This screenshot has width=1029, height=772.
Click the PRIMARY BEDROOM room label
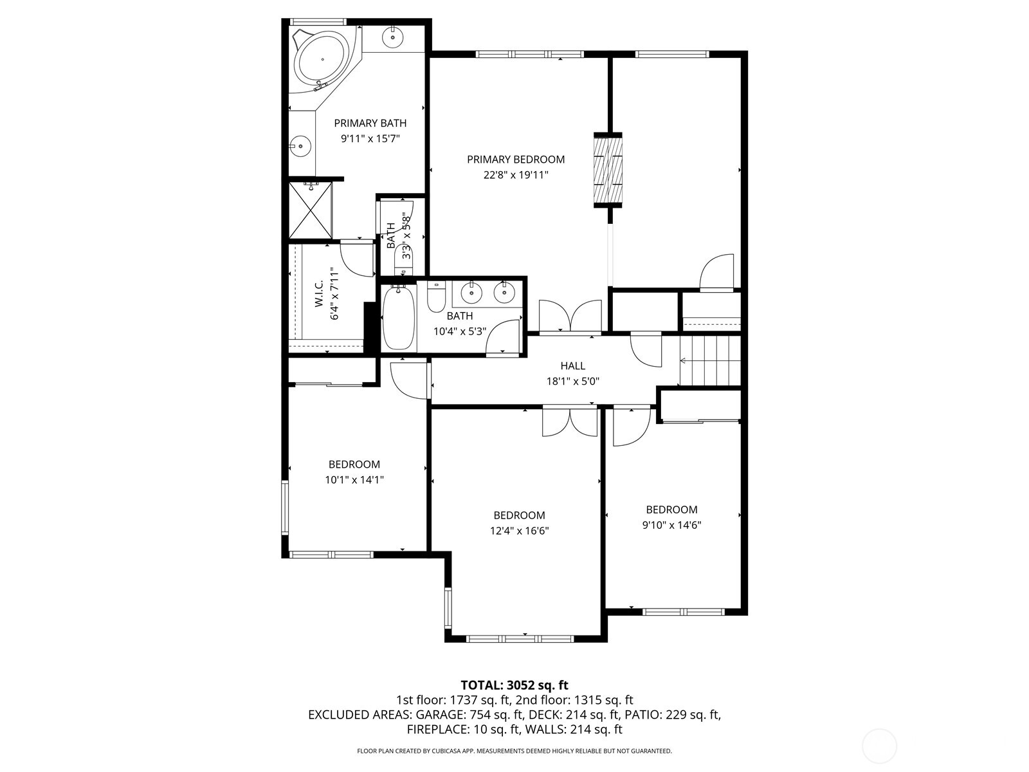pos(516,160)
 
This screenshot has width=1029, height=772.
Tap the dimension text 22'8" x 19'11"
pos(516,175)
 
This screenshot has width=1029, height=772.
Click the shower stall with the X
pos(311,211)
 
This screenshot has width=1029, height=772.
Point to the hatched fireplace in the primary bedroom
pos(608,170)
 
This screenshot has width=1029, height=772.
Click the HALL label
pos(572,366)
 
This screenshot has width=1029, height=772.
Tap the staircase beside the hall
pos(710,362)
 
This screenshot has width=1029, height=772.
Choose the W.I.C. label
pos(319,295)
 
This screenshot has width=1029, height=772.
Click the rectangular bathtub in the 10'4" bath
pos(399,318)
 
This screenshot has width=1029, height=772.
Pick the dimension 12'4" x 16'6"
pos(519,531)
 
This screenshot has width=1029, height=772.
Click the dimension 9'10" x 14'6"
pos(671,525)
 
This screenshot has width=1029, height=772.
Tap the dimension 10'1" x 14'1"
pos(354,479)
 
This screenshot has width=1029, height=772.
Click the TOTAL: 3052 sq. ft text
pos(514,685)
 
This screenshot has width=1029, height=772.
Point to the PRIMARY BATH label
pos(370,123)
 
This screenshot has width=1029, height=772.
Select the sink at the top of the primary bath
pos(392,37)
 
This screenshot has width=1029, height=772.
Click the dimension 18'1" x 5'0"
pos(572,381)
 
